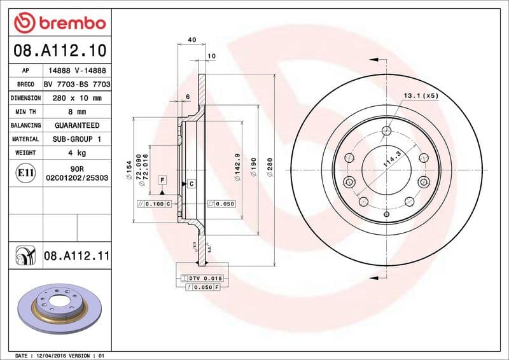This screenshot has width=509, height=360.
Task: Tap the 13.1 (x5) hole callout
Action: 421,95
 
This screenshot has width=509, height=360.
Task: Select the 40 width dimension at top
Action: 192,39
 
